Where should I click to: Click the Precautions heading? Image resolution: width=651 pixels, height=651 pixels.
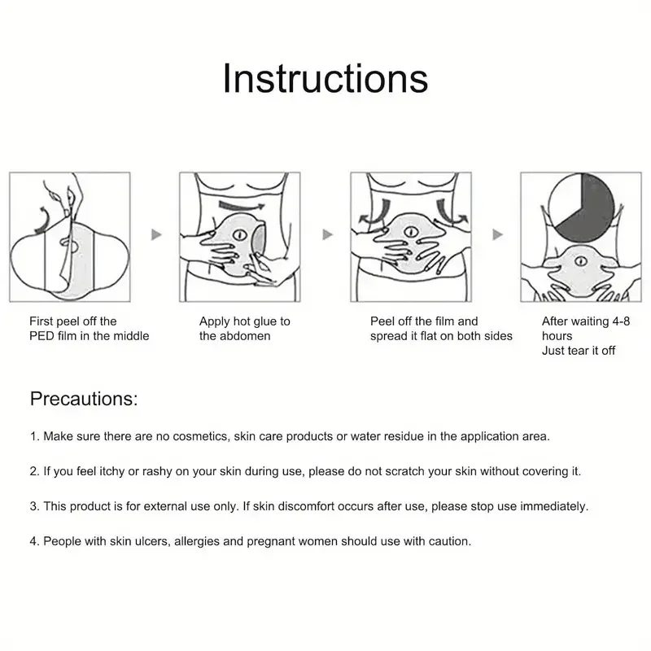pyautogui.click(x=84, y=399)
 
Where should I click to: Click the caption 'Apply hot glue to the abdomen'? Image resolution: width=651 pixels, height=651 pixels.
pyautogui.click(x=244, y=329)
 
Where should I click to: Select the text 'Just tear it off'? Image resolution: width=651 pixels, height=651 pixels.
pyautogui.click(x=579, y=351)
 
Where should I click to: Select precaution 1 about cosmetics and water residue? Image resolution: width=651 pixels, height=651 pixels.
pyautogui.click(x=290, y=436)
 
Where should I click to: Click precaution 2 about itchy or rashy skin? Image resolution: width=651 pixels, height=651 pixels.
pyautogui.click(x=305, y=471)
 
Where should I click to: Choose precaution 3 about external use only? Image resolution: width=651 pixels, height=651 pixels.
pyautogui.click(x=308, y=506)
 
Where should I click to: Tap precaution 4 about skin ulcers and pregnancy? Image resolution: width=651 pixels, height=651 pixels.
pyautogui.click(x=251, y=541)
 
